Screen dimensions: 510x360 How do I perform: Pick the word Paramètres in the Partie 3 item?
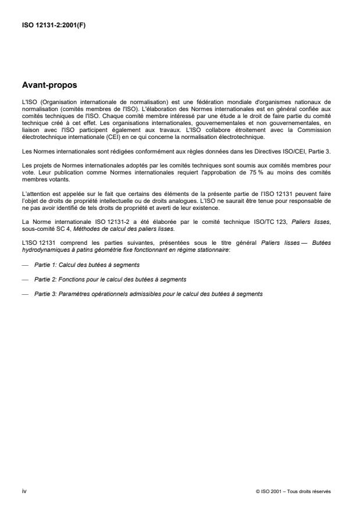pos(77,294)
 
